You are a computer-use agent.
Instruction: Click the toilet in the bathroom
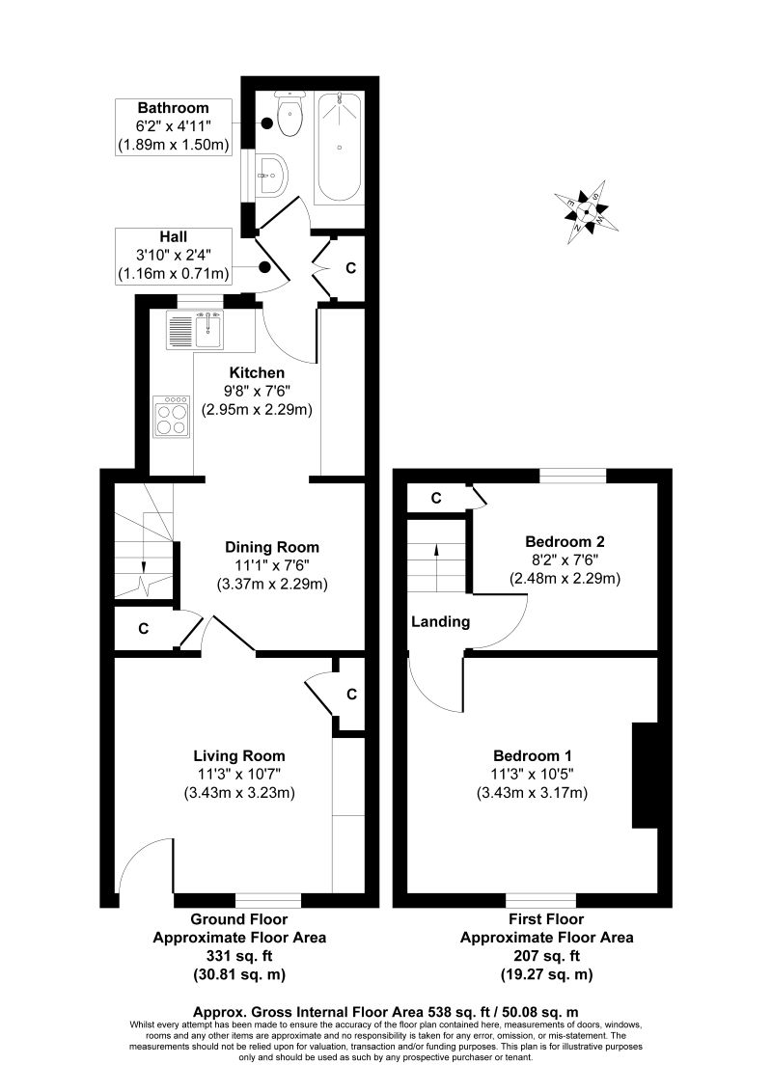coord(289,116)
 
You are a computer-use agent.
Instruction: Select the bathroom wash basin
coord(274,175)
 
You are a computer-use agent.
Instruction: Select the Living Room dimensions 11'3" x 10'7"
coord(238,775)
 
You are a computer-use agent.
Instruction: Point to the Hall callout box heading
coord(174,236)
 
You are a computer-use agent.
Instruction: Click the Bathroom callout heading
coord(173,107)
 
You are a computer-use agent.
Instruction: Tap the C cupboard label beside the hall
coord(350,266)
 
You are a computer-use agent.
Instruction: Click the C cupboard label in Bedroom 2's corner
coord(436,498)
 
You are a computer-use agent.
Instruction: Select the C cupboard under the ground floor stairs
coord(143,629)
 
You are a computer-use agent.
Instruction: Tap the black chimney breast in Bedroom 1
coord(644,775)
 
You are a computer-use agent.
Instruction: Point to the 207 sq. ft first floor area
coord(546,955)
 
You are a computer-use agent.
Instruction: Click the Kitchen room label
coord(257,372)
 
